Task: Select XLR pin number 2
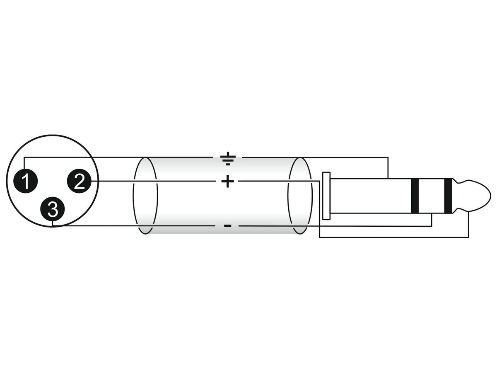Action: [x=79, y=181]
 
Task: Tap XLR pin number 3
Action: [x=52, y=209]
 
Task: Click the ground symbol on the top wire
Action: [x=228, y=158]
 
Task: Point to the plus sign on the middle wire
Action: [x=227, y=181]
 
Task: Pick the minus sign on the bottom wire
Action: [x=227, y=226]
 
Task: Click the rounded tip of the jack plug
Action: [x=472, y=196]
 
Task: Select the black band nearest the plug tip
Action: [x=448, y=196]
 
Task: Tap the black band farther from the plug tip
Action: [x=415, y=196]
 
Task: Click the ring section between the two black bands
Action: [x=432, y=196]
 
